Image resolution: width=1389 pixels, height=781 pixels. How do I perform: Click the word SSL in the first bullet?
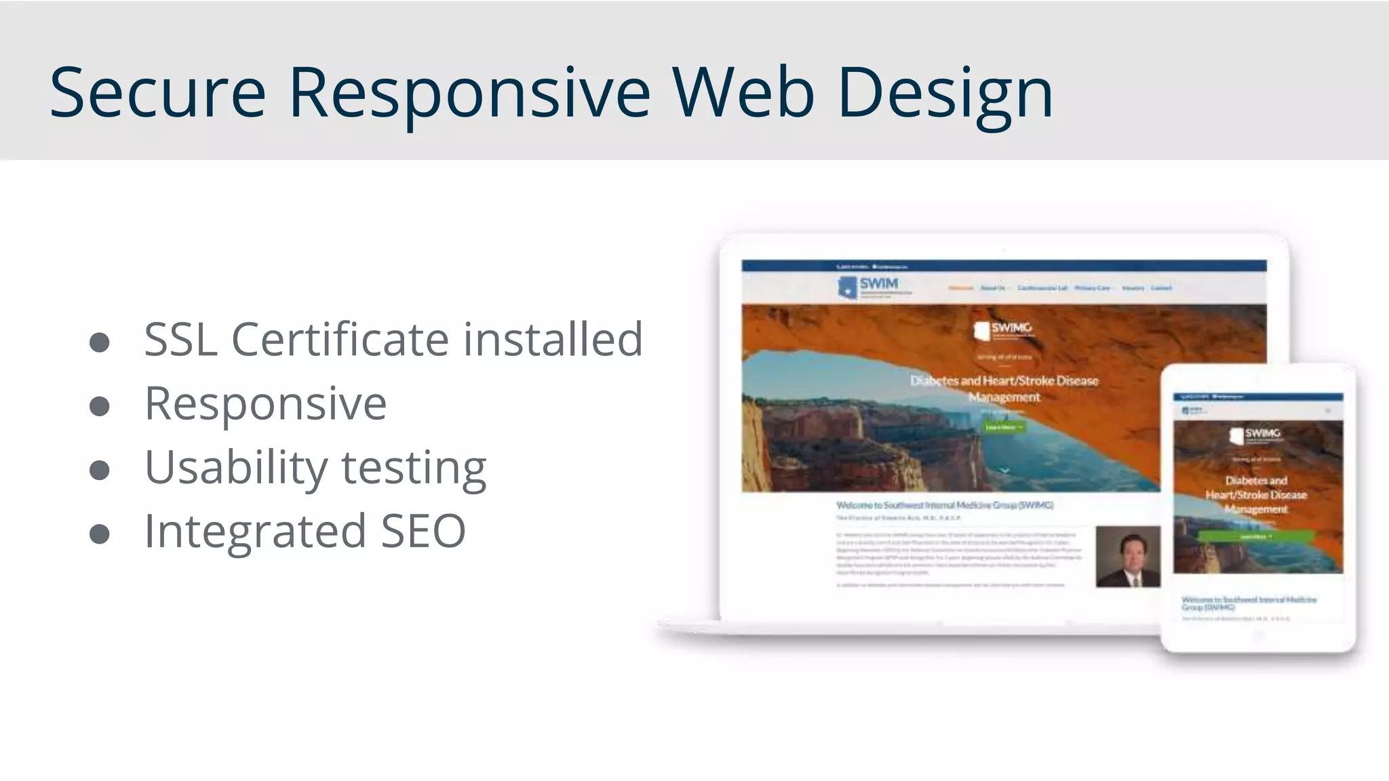point(180,339)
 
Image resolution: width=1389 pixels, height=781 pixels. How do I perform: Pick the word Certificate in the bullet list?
point(340,339)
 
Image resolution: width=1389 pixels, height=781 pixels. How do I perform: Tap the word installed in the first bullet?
point(552,339)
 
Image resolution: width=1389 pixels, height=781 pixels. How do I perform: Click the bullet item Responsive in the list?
point(265,404)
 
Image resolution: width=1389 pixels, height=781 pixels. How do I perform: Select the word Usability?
point(236,468)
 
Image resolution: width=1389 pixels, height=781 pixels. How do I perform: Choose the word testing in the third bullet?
point(414,468)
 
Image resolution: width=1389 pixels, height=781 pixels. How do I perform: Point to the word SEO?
point(423,531)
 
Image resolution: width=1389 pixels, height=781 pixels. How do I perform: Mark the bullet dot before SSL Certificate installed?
point(100,342)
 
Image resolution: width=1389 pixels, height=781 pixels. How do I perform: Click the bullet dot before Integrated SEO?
point(100,534)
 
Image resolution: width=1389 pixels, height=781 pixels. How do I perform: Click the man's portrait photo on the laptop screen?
point(1127,556)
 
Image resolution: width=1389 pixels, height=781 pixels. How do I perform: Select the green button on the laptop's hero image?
point(1004,427)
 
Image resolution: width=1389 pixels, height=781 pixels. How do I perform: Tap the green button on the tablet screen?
point(1256,536)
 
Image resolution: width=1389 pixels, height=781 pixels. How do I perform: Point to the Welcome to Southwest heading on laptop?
point(944,505)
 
